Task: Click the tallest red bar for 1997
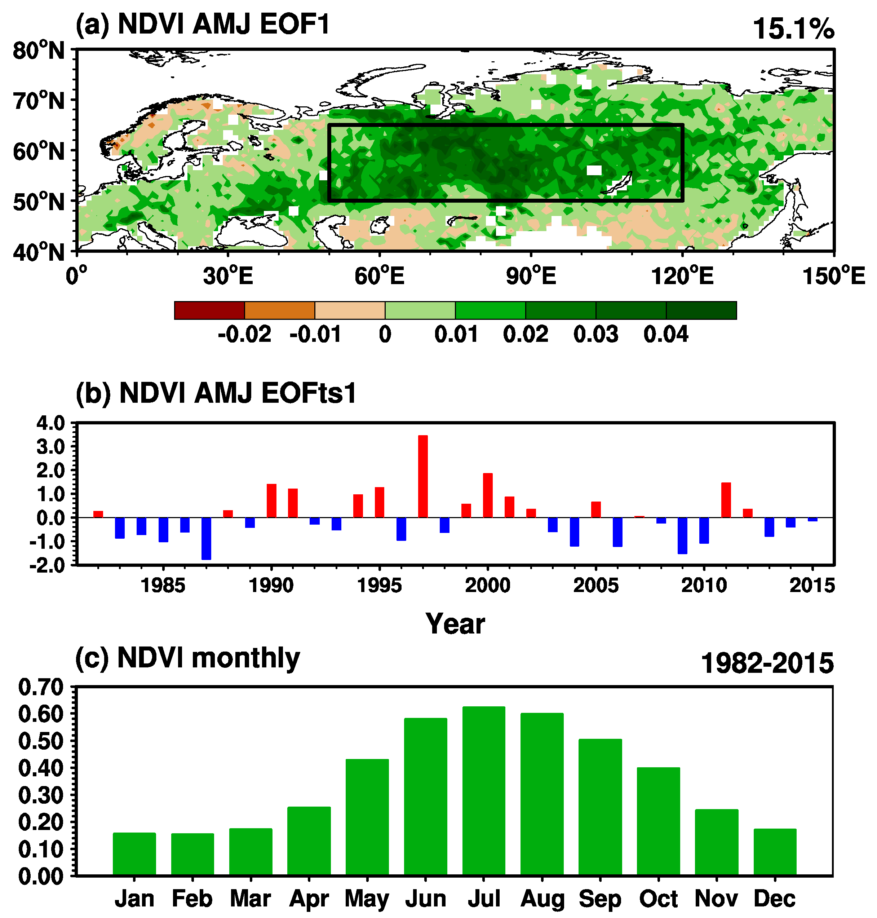(422, 476)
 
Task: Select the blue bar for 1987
(206, 538)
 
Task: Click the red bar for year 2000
(488, 495)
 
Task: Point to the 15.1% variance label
(793, 29)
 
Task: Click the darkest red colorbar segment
(209, 310)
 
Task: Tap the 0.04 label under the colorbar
(666, 335)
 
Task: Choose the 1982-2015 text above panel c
(767, 663)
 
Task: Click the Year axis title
(455, 624)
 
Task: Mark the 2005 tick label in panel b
(595, 586)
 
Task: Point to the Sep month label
(600, 899)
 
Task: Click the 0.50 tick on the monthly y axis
(41, 742)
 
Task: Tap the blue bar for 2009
(682, 535)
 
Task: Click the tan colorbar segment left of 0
(350, 310)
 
